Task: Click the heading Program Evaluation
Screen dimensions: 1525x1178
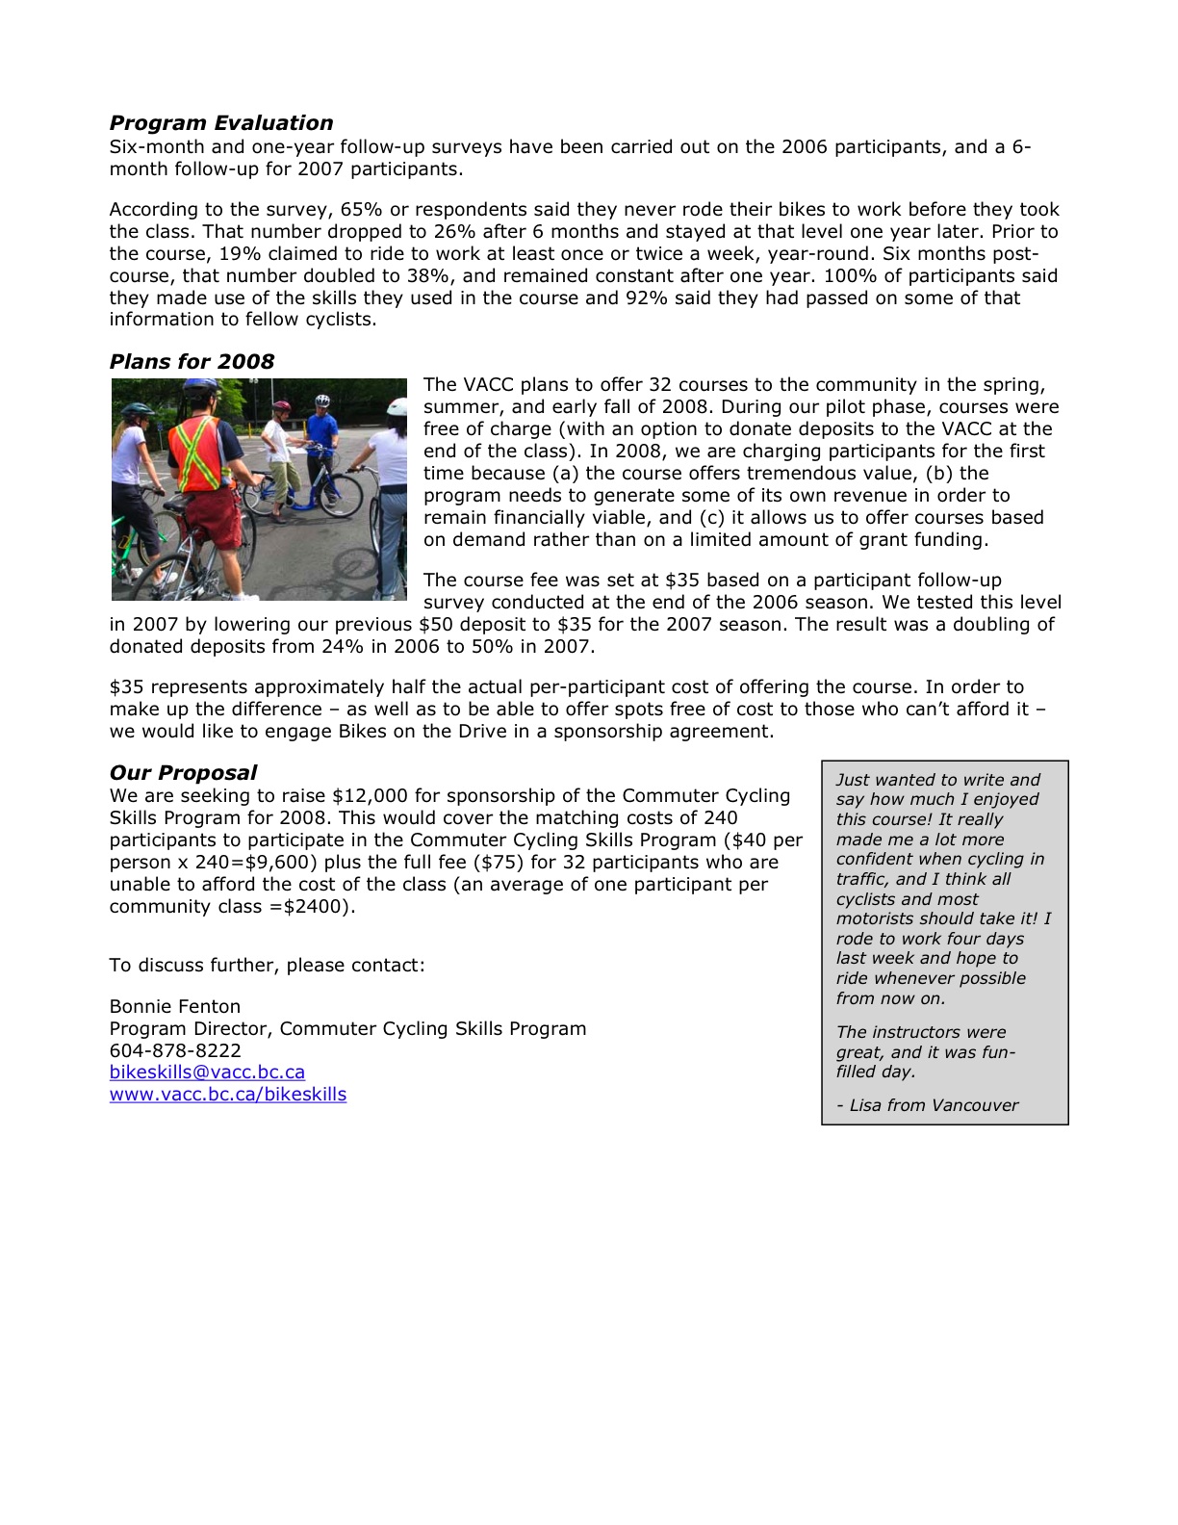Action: click(x=220, y=123)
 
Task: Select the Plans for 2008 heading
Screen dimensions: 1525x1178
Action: click(x=192, y=362)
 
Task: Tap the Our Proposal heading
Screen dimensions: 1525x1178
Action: click(x=183, y=773)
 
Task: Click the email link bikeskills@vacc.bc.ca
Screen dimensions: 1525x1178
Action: click(x=207, y=1073)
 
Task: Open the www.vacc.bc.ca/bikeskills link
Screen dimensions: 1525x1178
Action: click(x=228, y=1095)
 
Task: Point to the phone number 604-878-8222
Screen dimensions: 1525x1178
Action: click(x=175, y=1050)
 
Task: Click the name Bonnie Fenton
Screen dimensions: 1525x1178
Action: click(x=175, y=1007)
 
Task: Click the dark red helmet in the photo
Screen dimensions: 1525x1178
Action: click(x=281, y=407)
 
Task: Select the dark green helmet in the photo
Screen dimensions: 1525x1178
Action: click(x=137, y=410)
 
